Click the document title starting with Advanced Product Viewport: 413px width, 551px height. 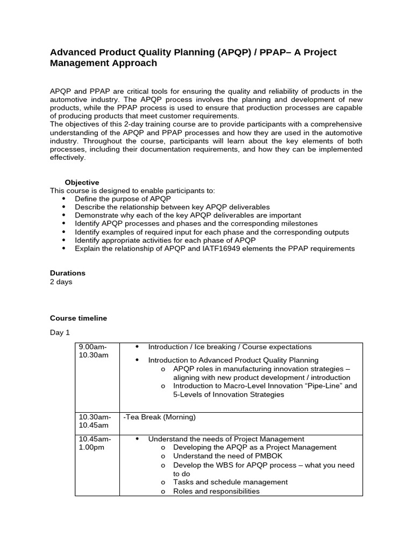pos(193,58)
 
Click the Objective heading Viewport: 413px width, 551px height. pos(82,182)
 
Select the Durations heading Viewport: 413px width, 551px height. pos(68,273)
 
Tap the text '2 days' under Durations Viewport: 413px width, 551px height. pos(61,281)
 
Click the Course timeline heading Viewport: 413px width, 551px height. pos(79,318)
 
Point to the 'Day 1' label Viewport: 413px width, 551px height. pos(60,333)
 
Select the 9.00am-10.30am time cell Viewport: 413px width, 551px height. pos(95,351)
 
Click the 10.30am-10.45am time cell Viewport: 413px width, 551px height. pos(95,421)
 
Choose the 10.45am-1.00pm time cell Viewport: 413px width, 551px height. pos(95,443)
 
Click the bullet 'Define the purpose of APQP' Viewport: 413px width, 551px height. pos(123,199)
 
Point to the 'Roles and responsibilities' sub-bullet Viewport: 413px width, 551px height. pos(216,491)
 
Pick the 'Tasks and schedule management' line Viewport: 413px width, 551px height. pos(230,482)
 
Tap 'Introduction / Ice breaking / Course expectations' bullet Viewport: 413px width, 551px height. pos(230,347)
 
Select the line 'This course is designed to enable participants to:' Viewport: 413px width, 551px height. pos(132,190)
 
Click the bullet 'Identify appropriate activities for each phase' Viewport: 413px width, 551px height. pos(165,240)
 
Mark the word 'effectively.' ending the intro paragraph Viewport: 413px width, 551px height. pos(68,158)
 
